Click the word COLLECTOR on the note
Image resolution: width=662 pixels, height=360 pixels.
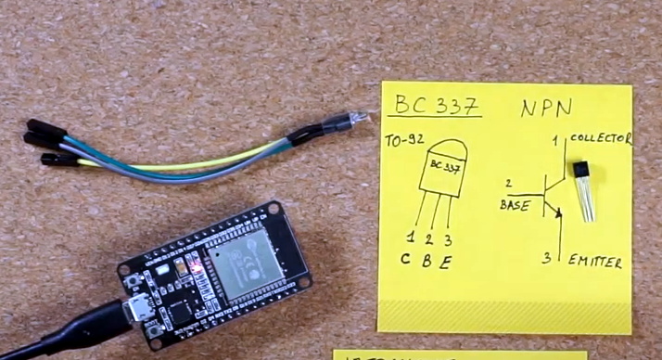pos(600,139)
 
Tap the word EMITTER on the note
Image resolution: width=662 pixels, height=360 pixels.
pos(594,262)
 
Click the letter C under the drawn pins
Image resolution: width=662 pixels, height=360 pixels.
pos(406,259)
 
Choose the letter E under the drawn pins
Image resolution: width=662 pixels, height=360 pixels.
pos(447,261)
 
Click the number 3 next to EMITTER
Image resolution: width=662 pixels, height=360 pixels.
pos(547,257)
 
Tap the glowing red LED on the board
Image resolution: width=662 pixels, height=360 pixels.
pos(196,267)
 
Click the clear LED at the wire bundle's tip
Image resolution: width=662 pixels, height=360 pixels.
pos(356,119)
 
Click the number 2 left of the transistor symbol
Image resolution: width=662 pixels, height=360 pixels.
pos(508,185)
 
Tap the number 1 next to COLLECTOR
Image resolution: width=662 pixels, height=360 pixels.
pos(556,141)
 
